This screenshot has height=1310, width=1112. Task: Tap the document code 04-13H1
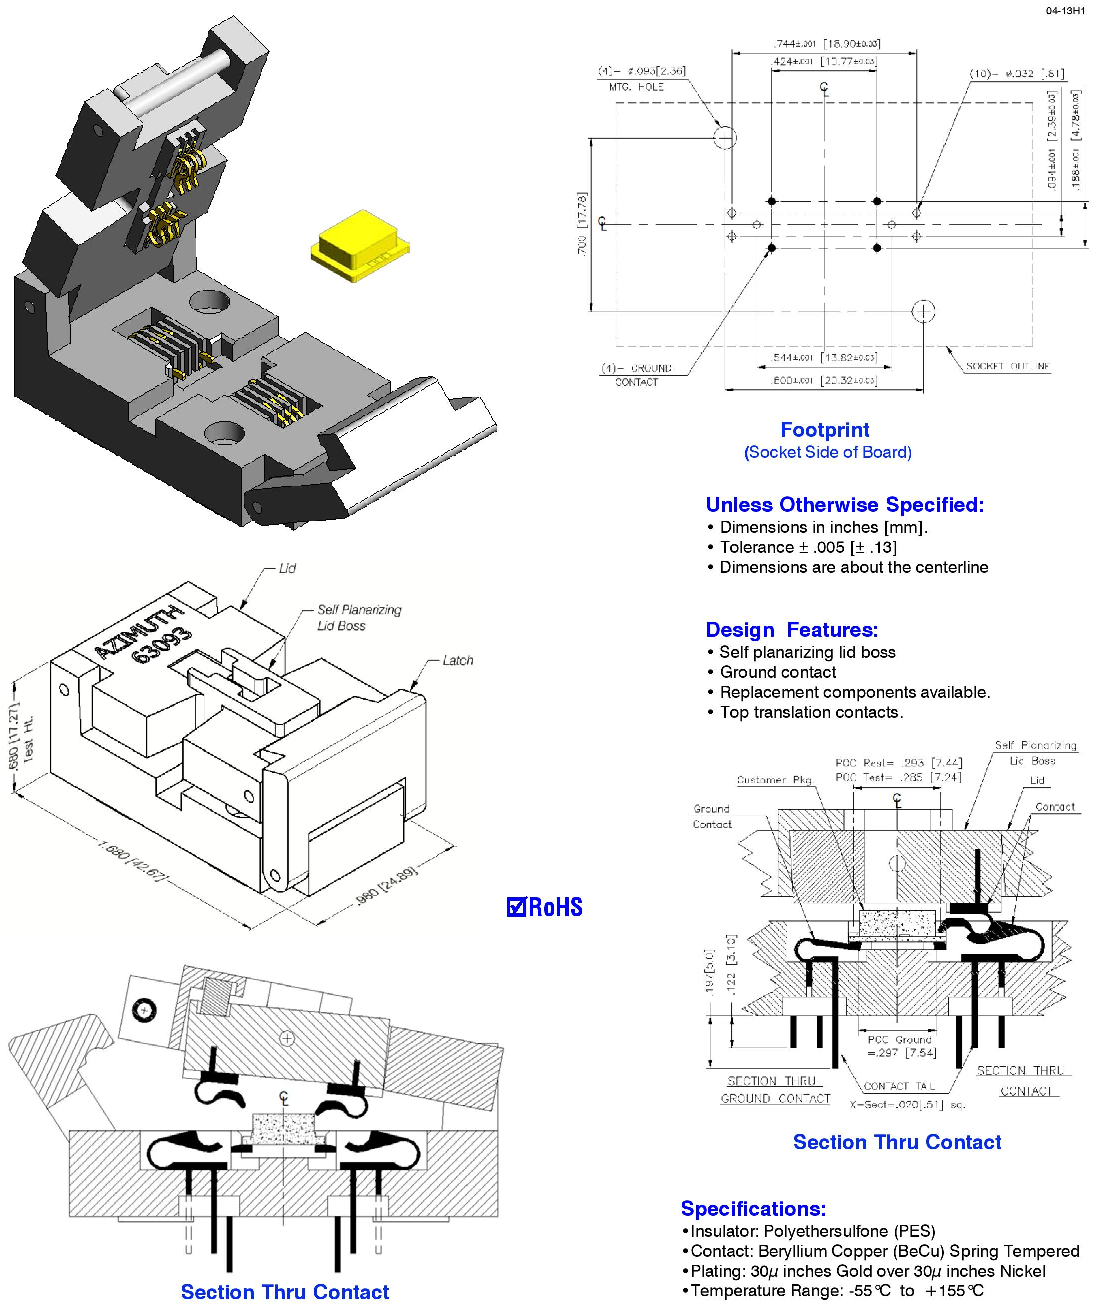[1065, 11]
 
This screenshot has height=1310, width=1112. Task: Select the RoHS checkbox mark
[516, 907]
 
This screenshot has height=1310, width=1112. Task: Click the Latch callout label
[457, 660]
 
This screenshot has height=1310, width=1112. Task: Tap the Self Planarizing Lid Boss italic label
[358, 617]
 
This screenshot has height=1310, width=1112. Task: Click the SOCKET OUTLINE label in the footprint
[1008, 366]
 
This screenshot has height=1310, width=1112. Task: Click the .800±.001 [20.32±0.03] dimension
[823, 381]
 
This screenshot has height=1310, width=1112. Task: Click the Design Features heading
[792, 629]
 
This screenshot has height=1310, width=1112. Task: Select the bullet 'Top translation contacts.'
[811, 712]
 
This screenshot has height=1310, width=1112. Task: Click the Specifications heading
[753, 1208]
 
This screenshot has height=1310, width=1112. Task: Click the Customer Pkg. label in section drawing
[775, 780]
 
